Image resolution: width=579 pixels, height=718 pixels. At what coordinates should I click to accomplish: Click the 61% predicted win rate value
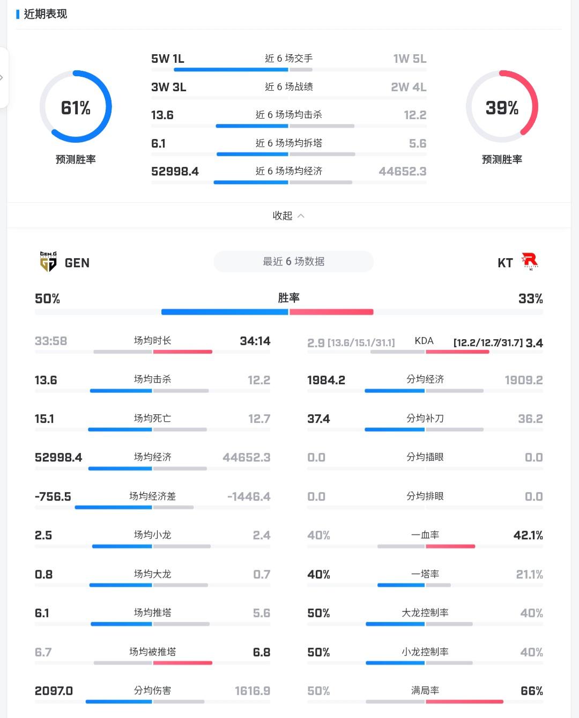(x=76, y=108)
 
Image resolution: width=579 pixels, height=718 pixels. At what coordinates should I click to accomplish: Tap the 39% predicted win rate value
(x=502, y=108)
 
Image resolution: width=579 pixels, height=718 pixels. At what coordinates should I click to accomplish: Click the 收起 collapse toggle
(x=288, y=215)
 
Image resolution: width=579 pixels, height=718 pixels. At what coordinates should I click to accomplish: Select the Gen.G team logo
(x=48, y=261)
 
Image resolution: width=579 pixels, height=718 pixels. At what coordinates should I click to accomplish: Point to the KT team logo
(x=530, y=261)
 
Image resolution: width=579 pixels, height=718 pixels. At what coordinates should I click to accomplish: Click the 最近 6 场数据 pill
(x=293, y=261)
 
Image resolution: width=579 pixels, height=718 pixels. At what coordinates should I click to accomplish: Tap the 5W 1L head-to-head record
(x=168, y=58)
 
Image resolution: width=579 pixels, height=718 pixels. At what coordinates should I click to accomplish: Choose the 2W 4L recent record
(x=409, y=87)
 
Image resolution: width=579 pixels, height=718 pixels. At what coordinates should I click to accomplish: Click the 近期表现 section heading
(x=46, y=14)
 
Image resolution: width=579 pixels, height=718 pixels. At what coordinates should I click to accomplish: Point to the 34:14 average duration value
(x=255, y=341)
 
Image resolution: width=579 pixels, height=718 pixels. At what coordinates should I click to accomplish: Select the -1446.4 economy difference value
(x=249, y=496)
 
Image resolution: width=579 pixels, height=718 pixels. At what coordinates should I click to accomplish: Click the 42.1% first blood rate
(x=528, y=535)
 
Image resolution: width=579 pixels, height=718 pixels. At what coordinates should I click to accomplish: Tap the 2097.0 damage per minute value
(x=54, y=691)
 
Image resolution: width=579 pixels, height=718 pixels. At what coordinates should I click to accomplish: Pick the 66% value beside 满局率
(x=532, y=691)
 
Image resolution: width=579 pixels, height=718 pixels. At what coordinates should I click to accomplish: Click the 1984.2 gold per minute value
(x=326, y=380)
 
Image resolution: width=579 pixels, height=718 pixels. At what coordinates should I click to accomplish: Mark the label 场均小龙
(x=153, y=534)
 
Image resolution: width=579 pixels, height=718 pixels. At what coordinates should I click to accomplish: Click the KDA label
(x=424, y=341)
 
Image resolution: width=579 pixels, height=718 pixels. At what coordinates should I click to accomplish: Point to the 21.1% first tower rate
(x=530, y=574)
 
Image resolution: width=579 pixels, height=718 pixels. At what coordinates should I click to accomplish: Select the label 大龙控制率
(x=425, y=612)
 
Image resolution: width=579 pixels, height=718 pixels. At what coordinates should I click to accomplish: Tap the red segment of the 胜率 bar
(x=331, y=312)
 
